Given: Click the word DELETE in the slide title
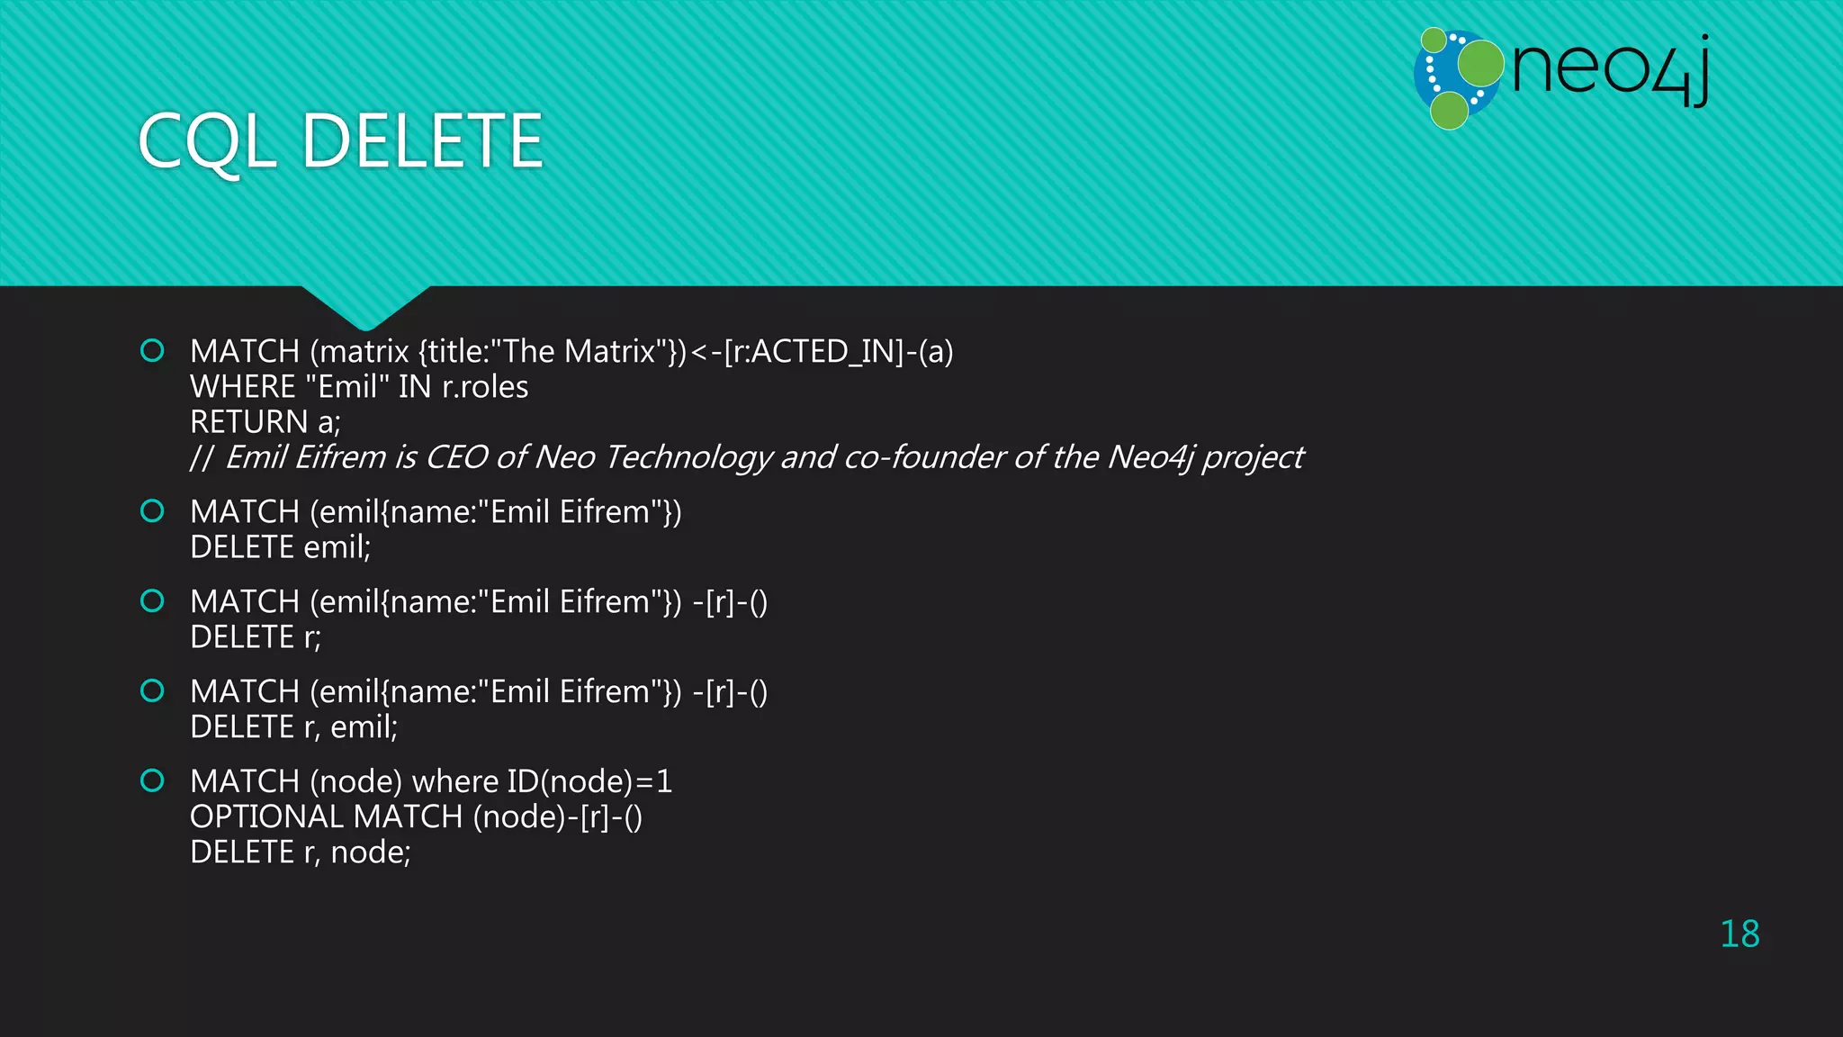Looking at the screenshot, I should (422, 141).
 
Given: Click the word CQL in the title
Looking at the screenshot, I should (207, 141).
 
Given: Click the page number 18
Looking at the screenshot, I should (1740, 934).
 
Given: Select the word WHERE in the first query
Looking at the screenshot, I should (243, 387).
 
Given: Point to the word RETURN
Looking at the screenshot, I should (249, 422).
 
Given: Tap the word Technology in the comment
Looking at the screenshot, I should (688, 457).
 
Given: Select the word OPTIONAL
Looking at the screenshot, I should (267, 817).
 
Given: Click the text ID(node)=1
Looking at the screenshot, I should (589, 781).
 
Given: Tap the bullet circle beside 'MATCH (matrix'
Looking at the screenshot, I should (153, 350).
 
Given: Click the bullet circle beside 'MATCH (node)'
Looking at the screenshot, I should (153, 780).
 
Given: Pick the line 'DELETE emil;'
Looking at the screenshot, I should (280, 547).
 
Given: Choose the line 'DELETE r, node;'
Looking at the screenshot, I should (300, 852).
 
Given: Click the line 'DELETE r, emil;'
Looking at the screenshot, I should (293, 727).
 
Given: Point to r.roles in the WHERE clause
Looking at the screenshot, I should (485, 387).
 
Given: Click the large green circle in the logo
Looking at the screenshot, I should (1480, 63).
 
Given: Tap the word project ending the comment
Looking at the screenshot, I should (1253, 457).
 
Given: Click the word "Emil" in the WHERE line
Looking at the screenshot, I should (347, 387).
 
